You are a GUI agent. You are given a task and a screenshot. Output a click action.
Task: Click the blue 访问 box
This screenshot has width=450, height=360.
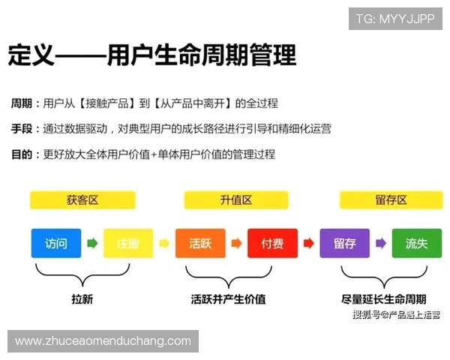[56, 244]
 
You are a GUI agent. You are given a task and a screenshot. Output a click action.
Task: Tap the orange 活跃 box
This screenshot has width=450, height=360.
[200, 244]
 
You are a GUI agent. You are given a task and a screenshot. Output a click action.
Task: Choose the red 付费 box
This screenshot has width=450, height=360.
[272, 244]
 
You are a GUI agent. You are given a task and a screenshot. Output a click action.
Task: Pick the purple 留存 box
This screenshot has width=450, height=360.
[345, 244]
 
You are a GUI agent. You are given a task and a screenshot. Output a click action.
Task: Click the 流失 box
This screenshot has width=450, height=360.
[417, 244]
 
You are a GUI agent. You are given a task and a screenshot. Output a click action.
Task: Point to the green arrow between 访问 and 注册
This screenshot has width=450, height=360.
[92, 244]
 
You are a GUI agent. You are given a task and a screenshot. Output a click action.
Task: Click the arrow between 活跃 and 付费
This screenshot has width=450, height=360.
[236, 244]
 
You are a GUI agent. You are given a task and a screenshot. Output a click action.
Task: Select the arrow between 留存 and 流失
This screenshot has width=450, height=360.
[381, 244]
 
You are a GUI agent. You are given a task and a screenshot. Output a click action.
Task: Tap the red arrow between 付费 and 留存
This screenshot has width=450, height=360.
[308, 244]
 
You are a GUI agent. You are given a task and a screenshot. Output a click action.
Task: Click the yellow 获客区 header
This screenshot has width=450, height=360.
[82, 200]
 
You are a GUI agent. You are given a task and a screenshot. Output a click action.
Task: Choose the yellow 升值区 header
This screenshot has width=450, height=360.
[236, 200]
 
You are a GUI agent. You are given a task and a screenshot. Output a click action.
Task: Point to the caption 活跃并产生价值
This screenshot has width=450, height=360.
[228, 299]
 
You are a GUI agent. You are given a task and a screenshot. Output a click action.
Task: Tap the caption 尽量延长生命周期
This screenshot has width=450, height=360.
[388, 299]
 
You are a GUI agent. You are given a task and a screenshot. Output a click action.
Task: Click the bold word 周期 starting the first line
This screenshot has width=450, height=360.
[21, 103]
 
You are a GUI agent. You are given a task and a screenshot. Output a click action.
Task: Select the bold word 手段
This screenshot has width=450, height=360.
[21, 128]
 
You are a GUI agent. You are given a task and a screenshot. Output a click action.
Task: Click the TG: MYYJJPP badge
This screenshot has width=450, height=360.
[395, 19]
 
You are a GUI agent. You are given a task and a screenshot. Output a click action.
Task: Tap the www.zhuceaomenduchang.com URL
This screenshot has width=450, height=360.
[103, 341]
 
